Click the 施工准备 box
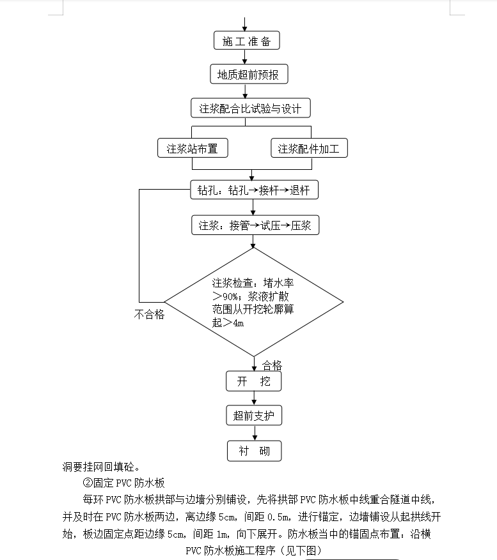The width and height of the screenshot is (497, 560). point(246,40)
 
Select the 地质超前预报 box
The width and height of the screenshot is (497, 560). point(249,74)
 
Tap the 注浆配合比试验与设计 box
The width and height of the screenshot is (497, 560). point(251,108)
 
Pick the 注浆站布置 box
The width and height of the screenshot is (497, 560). point(193,148)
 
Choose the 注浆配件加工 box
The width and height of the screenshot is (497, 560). point(309,148)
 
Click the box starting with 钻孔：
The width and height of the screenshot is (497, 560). point(254,190)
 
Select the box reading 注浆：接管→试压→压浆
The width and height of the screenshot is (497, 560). point(255,225)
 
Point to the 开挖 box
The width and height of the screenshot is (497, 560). point(254,381)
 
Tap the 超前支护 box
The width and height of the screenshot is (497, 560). point(254,415)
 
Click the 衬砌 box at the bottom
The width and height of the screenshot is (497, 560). point(255,451)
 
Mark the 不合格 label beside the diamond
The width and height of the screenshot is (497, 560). point(149,314)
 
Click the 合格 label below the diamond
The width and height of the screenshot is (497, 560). point(272,365)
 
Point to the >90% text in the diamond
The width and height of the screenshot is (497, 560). point(225,296)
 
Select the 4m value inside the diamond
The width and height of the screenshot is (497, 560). point(239,323)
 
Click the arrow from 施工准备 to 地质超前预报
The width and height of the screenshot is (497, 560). point(245,57)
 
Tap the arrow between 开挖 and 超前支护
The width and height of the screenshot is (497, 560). point(254,398)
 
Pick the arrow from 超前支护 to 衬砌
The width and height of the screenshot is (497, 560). point(255,433)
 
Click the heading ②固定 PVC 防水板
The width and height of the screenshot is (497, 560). point(123,483)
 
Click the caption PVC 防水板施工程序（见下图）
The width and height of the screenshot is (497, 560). point(254,550)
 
